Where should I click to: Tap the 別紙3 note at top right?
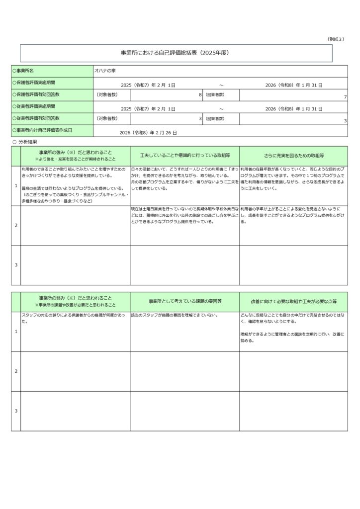[336, 39]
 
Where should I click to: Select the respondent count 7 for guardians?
[345, 97]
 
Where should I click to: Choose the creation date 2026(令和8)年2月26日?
[148, 133]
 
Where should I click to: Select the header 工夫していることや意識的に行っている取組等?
[184, 156]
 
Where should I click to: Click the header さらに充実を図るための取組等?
[293, 156]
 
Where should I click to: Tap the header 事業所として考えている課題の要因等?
[184, 302]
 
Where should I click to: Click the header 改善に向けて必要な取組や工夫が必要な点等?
[293, 302]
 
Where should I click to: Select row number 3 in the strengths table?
[16, 265]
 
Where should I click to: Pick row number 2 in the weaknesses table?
[16, 371]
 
